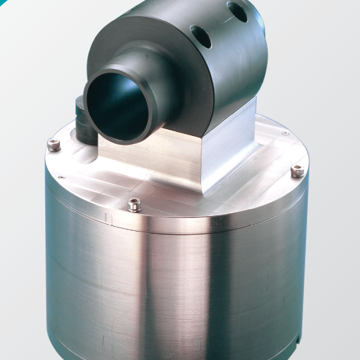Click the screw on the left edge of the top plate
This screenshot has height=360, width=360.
click(55, 143)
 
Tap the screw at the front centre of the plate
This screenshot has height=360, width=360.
click(135, 203)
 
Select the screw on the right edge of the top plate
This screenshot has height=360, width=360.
click(296, 170)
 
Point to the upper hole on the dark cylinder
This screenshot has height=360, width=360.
click(237, 12)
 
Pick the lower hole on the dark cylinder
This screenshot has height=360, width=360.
click(202, 35)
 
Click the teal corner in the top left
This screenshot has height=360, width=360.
click(5, 5)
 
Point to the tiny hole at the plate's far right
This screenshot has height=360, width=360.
click(286, 133)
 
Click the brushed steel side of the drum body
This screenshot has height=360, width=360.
click(171, 294)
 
